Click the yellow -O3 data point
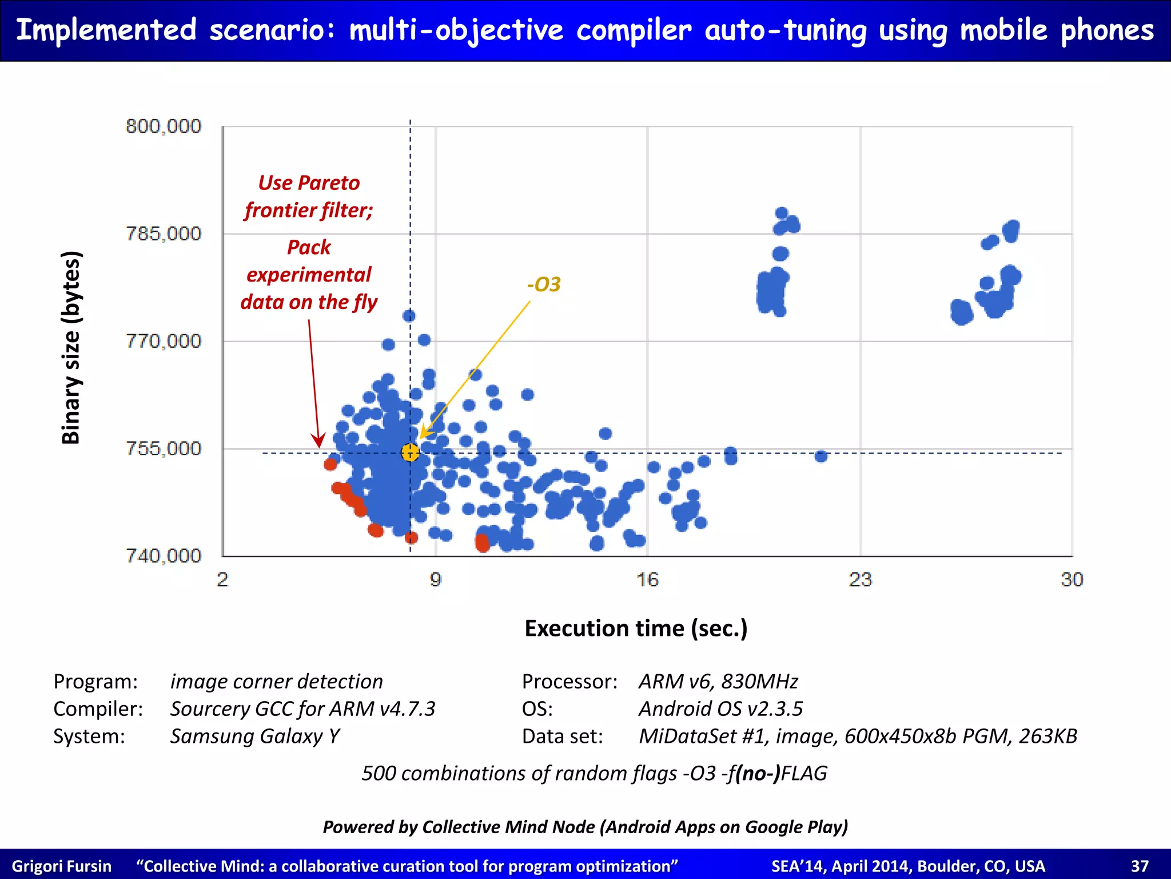410,452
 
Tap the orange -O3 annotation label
543,284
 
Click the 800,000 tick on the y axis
164,126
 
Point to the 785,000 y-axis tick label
164,233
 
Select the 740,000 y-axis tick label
164,555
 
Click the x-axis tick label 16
647,580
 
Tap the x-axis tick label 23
860,580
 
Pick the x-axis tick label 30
1072,580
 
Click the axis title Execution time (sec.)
636,628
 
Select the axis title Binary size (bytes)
71,347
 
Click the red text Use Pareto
309,183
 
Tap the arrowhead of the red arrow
318,441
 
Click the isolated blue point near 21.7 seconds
821,456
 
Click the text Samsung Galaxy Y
255,736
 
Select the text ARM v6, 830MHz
718,682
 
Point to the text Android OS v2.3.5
720,709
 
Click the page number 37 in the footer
1140,866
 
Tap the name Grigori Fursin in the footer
62,866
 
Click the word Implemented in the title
106,30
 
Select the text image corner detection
277,682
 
